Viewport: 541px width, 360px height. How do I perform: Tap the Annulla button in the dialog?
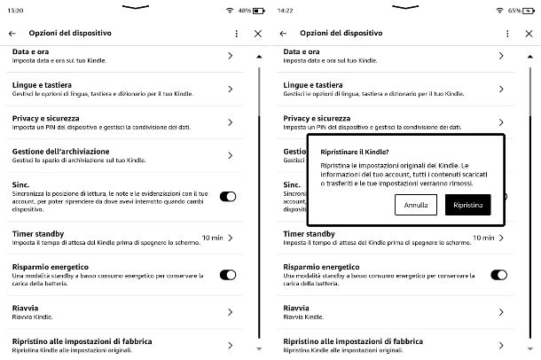click(415, 205)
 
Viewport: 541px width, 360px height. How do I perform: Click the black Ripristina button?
click(467, 205)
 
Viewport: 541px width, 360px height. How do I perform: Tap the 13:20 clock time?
click(16, 11)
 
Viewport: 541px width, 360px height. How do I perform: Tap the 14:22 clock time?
click(286, 11)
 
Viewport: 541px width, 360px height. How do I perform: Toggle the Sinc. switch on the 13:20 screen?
click(227, 197)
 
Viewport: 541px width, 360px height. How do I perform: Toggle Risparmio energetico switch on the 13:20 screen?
click(227, 275)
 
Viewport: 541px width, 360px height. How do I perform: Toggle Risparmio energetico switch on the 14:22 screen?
click(498, 275)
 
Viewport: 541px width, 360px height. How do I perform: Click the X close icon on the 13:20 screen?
click(258, 33)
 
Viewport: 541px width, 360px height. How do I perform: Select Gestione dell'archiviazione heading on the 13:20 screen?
click(60, 151)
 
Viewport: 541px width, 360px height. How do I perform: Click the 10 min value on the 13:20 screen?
click(211, 238)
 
